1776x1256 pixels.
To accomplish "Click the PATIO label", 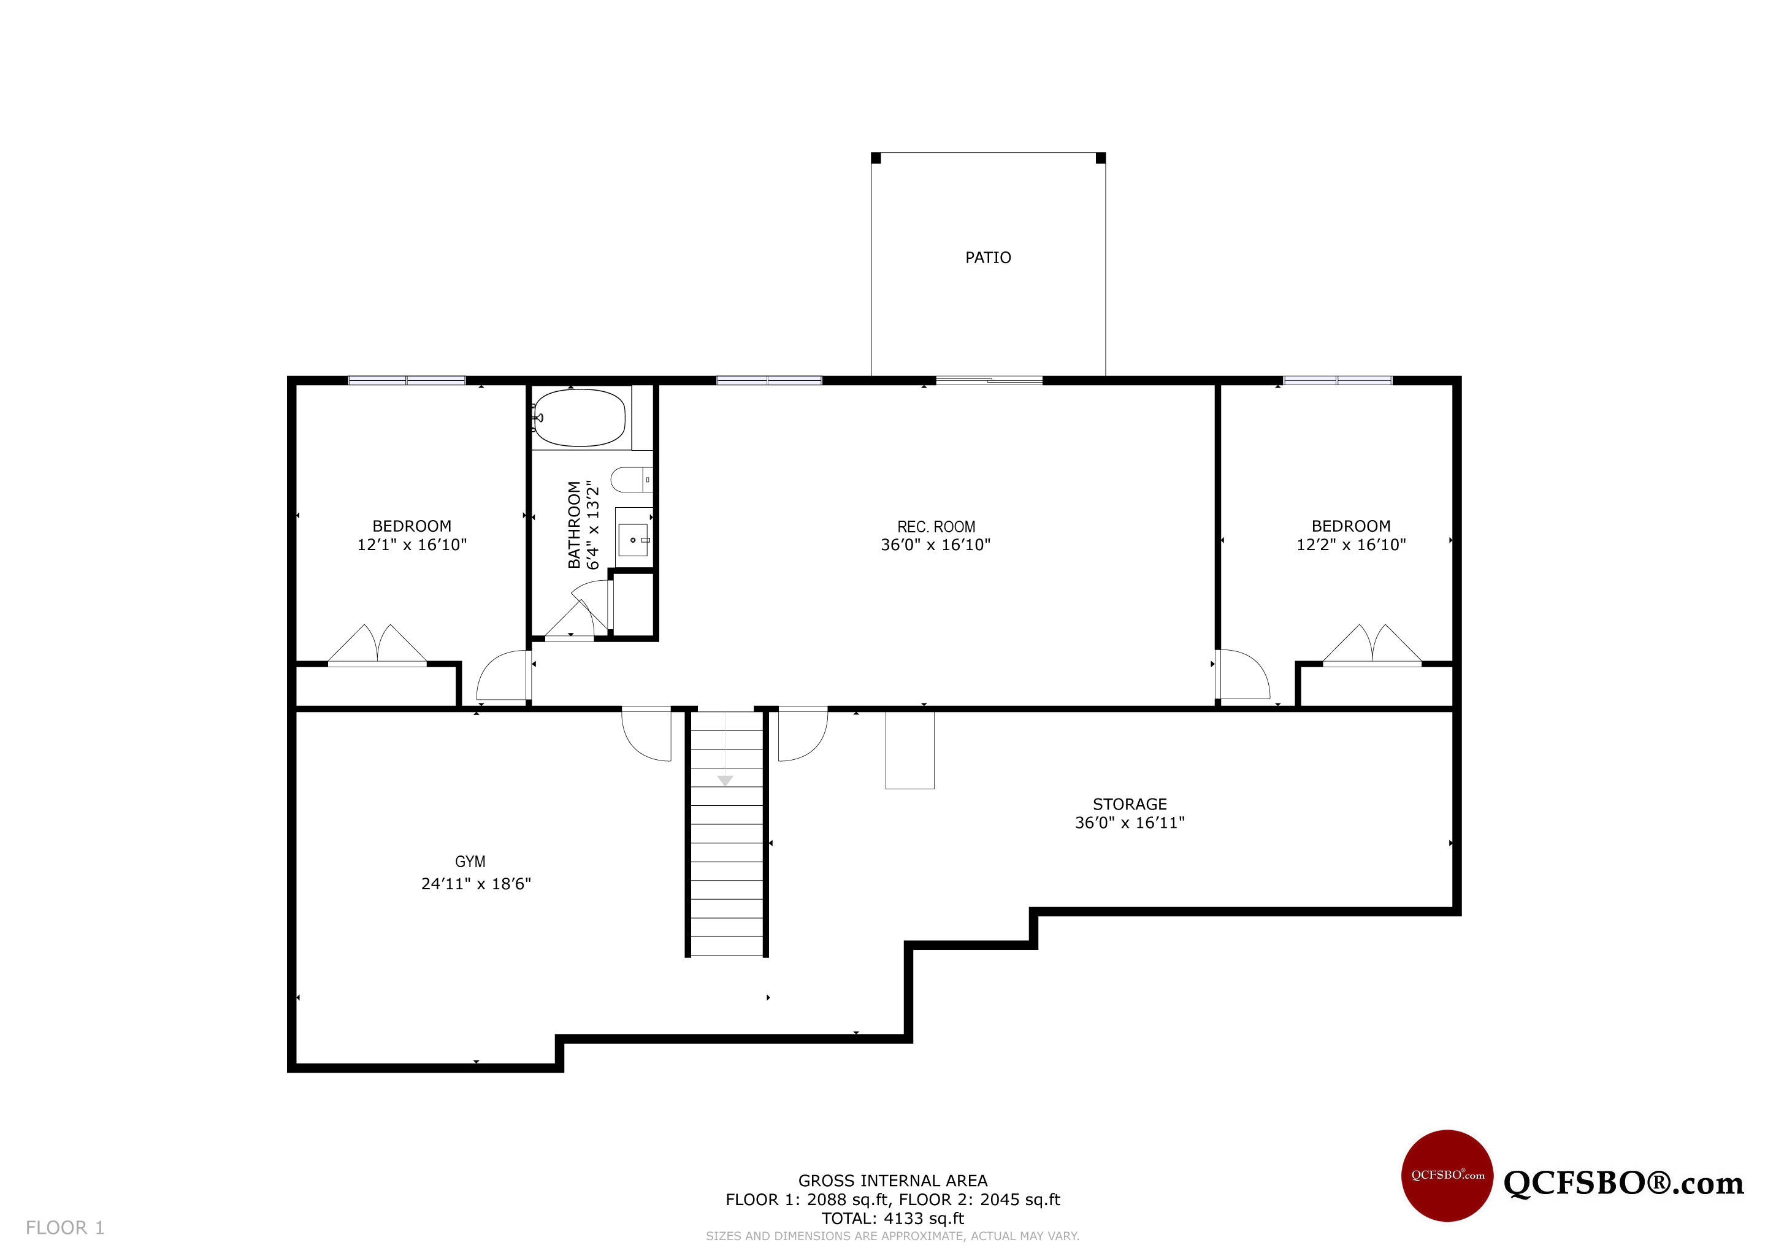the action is coord(988,258).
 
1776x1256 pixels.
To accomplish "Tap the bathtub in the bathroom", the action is coord(580,418).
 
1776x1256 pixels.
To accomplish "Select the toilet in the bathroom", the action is coord(631,480).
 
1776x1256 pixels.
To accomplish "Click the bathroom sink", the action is coord(633,540).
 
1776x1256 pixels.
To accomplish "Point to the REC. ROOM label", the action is coord(936,527).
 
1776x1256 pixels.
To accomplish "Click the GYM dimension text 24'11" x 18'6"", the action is coord(476,884).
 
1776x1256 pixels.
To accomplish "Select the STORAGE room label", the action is coord(1130,805).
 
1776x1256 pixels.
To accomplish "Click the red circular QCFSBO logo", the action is coord(1447,1176).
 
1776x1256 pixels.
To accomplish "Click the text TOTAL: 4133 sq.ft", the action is coord(893,1219).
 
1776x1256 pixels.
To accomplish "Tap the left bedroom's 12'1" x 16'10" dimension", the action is coord(411,545).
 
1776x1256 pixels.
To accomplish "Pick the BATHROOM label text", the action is coord(574,524).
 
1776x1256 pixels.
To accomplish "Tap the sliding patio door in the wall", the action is coord(989,380).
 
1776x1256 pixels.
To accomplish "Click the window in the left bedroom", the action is coord(407,380).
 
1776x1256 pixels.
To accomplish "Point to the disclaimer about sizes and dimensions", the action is coord(893,1236).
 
